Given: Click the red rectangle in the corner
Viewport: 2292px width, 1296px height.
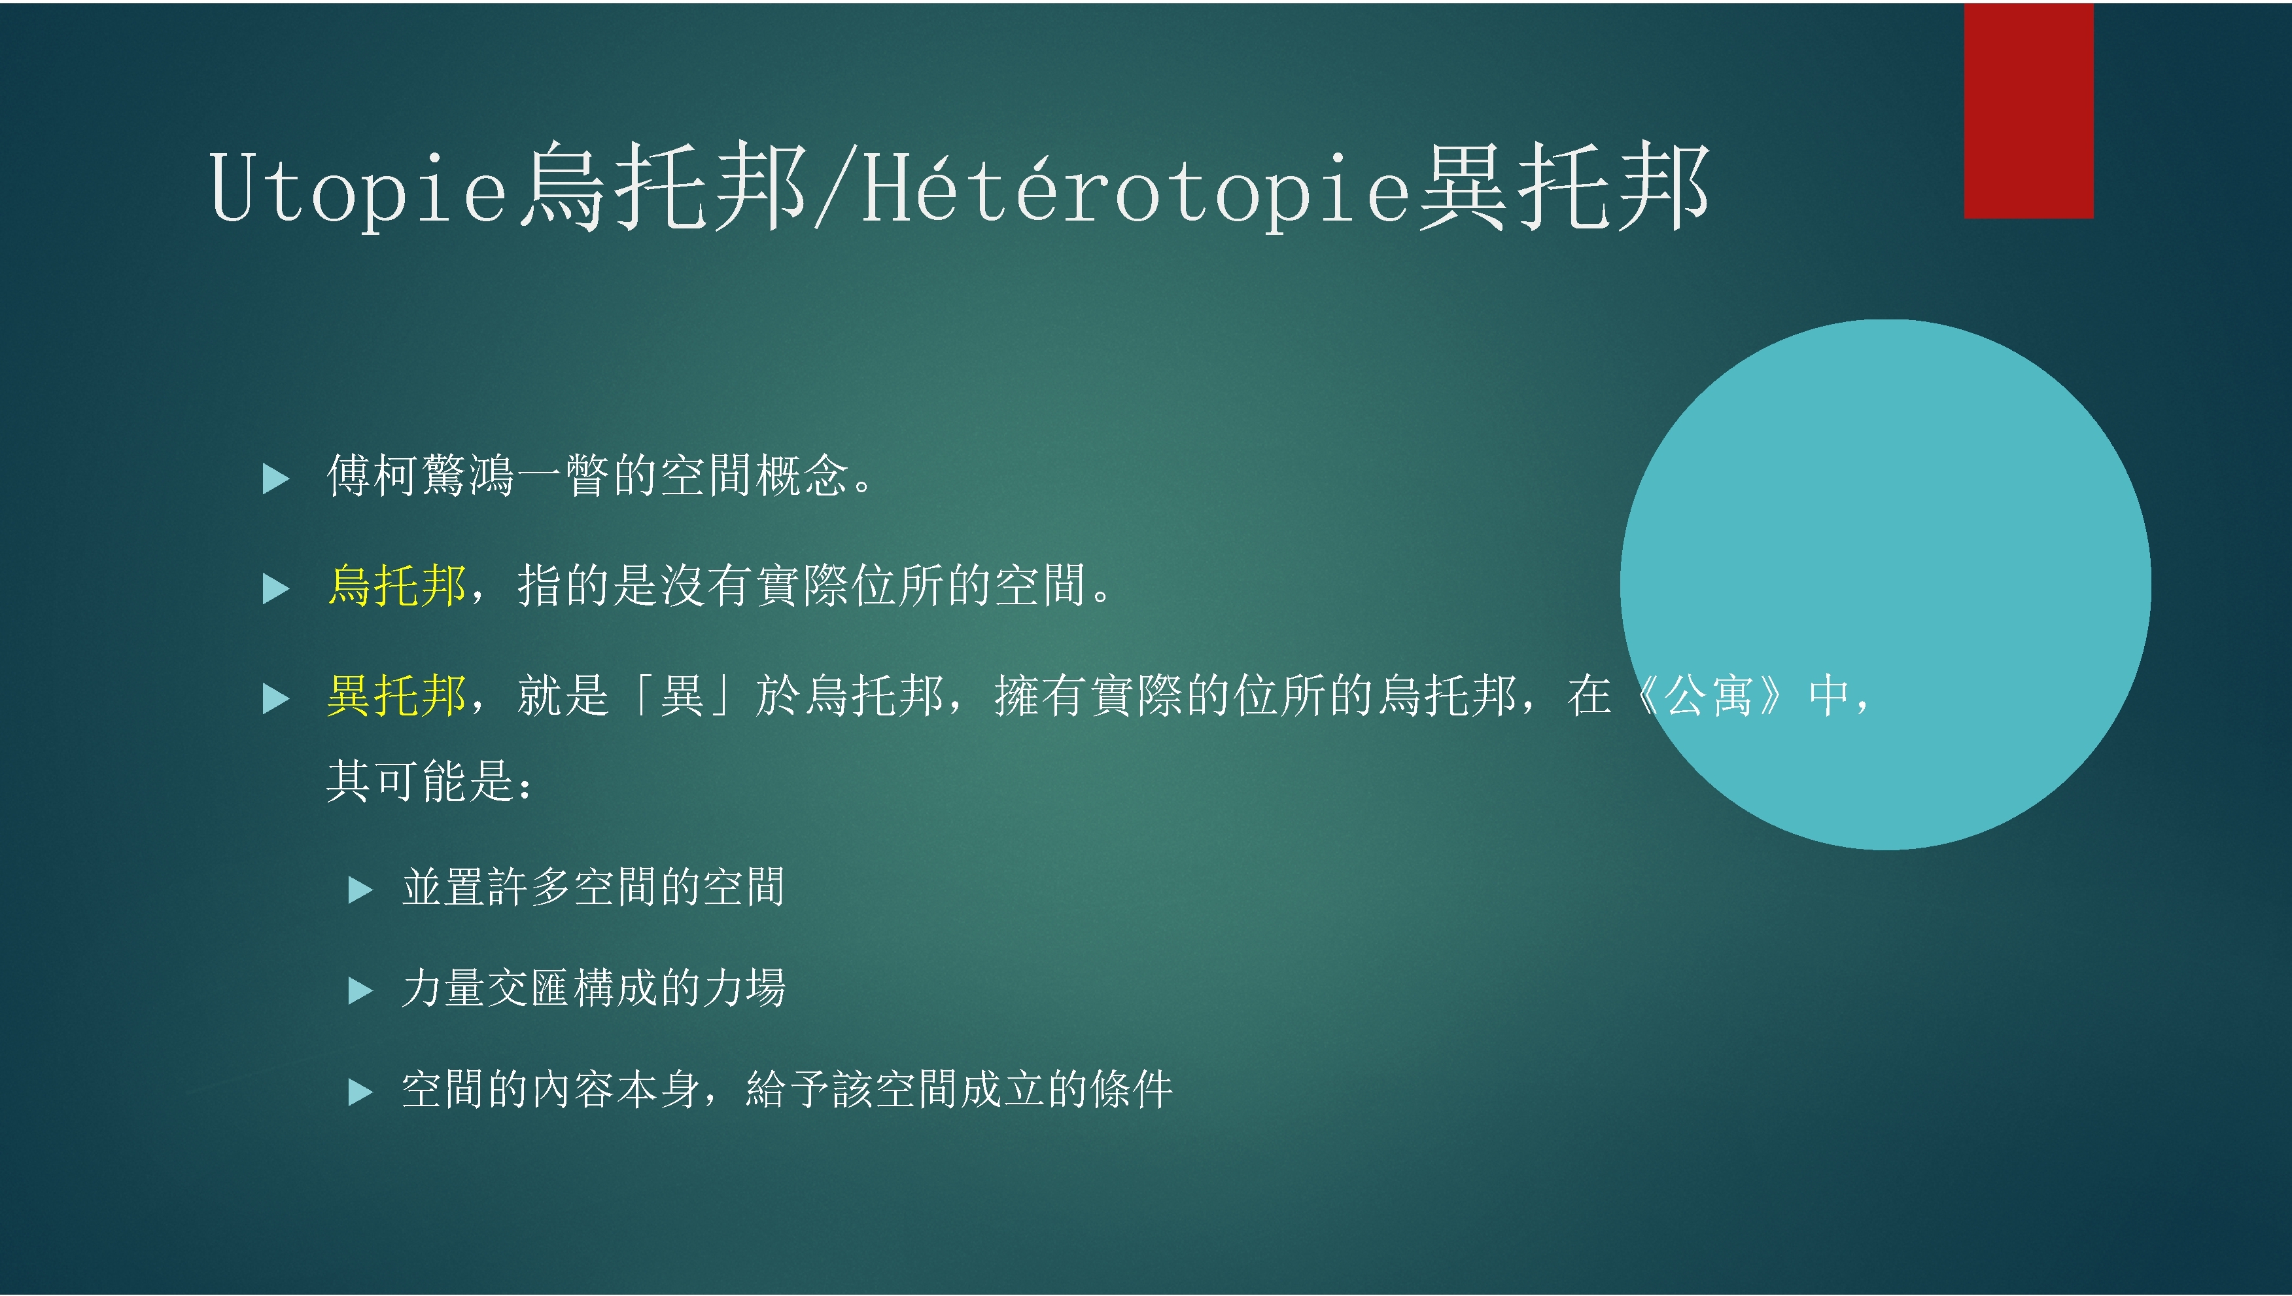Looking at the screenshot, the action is [2028, 111].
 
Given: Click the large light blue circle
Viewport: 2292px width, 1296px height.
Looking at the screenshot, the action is [1885, 584].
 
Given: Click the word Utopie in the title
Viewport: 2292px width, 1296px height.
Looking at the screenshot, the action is [358, 187].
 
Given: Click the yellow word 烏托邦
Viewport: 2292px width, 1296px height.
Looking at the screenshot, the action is [397, 586].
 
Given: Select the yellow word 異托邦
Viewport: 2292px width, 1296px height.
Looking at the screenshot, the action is [397, 695].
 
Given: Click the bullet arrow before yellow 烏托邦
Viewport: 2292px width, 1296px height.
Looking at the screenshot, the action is [276, 588].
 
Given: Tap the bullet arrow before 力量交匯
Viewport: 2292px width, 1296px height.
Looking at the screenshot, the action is [360, 990].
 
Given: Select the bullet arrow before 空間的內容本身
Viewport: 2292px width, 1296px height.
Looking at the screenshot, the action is [360, 1091].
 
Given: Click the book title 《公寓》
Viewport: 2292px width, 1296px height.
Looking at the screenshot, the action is [1709, 695].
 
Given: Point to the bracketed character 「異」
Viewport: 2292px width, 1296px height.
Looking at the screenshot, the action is [681, 695].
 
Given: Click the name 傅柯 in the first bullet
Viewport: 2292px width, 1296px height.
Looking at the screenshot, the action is [373, 475].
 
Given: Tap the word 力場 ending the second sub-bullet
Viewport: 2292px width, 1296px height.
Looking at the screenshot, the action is [744, 987].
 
